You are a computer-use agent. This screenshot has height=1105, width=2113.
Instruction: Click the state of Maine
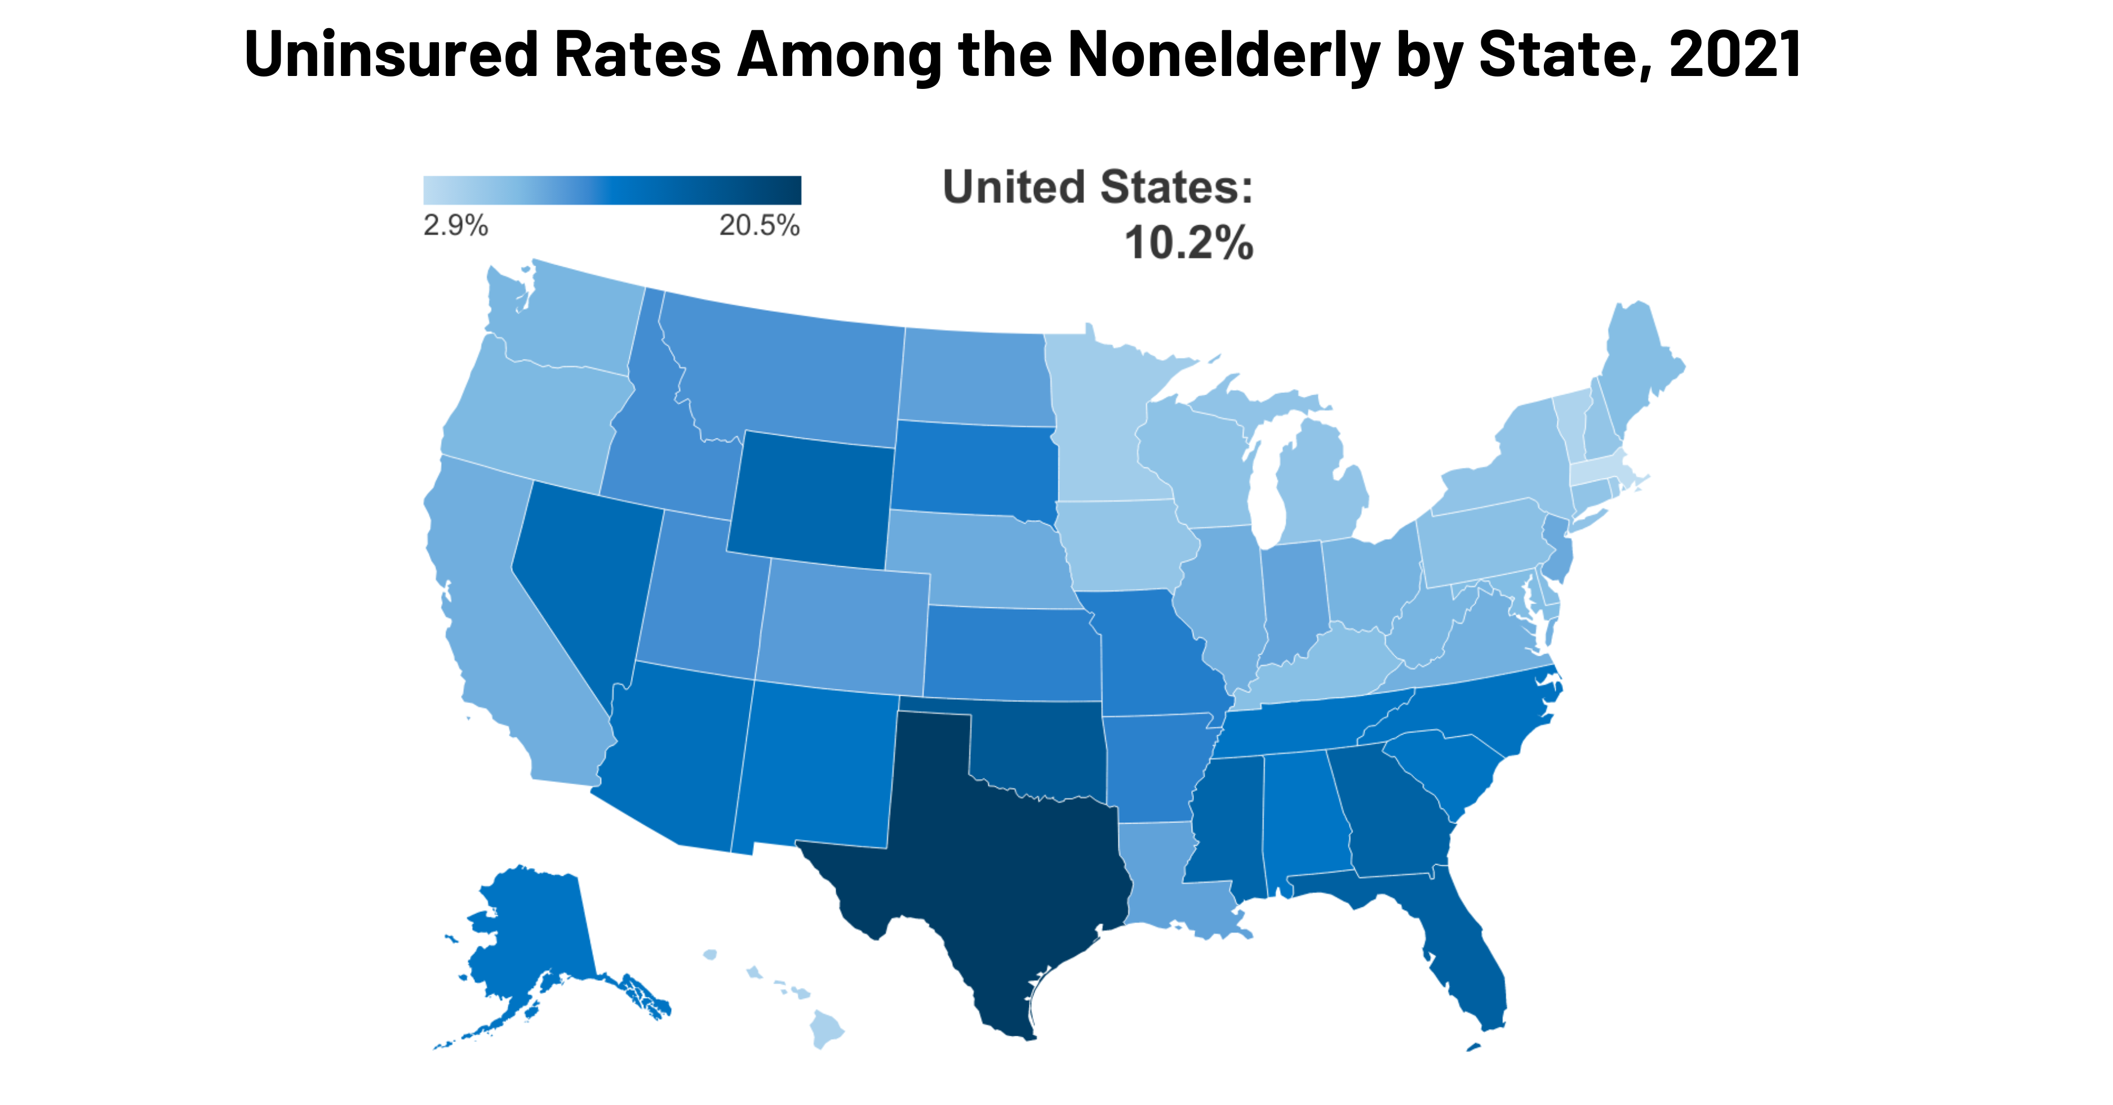click(x=1636, y=369)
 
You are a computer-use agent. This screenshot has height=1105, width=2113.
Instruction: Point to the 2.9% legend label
click(x=455, y=225)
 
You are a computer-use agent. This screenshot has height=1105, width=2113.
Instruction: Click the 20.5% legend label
click(x=760, y=225)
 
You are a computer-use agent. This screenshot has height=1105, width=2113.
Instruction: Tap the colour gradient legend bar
click(x=612, y=190)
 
